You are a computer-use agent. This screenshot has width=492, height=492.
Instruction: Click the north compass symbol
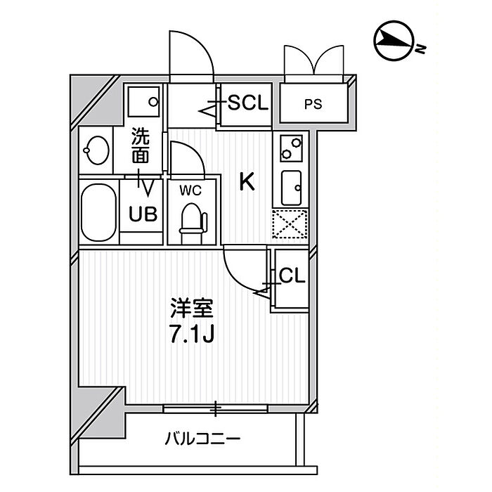click(394, 41)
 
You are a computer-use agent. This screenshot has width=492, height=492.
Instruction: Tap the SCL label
click(248, 102)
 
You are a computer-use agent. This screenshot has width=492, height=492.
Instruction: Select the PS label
click(313, 104)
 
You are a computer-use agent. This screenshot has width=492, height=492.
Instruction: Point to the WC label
click(190, 190)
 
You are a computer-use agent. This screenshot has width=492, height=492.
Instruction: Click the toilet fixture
click(193, 223)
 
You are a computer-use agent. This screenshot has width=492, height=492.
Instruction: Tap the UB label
click(143, 214)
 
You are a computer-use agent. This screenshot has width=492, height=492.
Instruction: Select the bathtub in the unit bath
click(98, 212)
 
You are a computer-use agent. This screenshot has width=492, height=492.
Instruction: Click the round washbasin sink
click(96, 150)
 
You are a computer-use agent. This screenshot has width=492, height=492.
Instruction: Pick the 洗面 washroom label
click(140, 145)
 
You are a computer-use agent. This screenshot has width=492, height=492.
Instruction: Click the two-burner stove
click(291, 148)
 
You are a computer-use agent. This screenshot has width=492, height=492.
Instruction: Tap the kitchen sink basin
click(291, 188)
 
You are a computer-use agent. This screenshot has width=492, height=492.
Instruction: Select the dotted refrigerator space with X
click(290, 224)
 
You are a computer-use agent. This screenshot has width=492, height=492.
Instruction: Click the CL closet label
click(292, 276)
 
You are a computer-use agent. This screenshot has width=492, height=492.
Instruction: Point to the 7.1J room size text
click(192, 334)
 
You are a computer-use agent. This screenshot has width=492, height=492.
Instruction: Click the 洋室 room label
click(192, 309)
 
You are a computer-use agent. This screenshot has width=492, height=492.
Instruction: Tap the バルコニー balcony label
click(202, 438)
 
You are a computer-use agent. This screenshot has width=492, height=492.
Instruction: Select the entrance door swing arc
click(201, 44)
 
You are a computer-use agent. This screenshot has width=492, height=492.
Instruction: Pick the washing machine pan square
click(143, 102)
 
